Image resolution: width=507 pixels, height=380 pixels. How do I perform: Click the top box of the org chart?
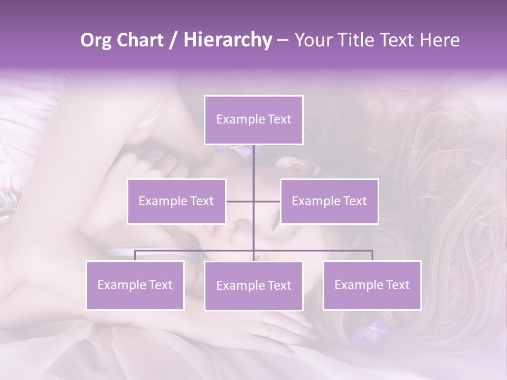(253, 120)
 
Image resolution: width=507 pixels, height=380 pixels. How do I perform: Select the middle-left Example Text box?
(176, 201)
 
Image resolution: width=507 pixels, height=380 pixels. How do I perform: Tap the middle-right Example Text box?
(329, 201)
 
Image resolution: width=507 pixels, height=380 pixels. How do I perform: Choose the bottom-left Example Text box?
(135, 285)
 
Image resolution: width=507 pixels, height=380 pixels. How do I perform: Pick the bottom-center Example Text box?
(253, 286)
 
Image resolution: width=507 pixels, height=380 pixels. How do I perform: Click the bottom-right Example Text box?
(372, 285)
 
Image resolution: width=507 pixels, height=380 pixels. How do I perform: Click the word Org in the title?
(96, 40)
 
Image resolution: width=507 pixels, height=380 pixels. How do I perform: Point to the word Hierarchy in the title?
(227, 40)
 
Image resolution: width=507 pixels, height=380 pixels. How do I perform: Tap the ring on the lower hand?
(269, 331)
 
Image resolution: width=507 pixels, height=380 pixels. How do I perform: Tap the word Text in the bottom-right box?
(398, 285)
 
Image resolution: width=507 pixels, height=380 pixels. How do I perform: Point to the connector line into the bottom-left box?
(135, 255)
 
